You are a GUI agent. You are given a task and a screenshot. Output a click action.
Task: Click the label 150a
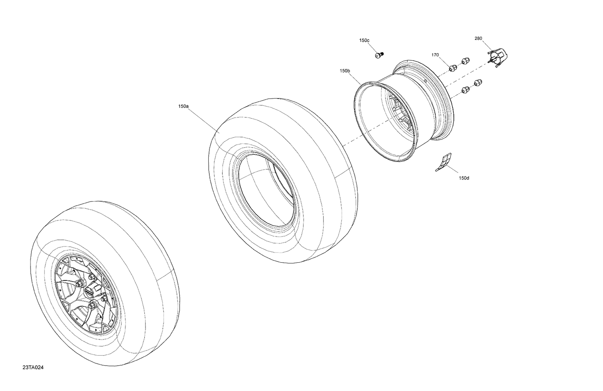tap(183, 107)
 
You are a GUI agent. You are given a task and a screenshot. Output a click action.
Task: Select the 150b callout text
tap(345, 71)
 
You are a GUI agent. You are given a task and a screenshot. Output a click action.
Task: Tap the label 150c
tap(364, 41)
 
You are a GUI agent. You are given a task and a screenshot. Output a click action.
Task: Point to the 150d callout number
tap(464, 178)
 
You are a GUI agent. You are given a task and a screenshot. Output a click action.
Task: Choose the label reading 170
tap(435, 55)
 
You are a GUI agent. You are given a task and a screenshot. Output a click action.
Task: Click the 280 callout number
tap(478, 39)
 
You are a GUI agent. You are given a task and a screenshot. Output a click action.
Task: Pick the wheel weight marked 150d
tap(443, 162)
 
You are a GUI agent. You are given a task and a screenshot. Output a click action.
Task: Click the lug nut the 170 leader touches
tap(452, 68)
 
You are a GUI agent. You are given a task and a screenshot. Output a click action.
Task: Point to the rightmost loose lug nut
tap(478, 82)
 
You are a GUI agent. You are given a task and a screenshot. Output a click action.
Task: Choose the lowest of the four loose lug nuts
tap(465, 90)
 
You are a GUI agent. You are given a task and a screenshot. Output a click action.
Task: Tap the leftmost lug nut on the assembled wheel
tap(79, 284)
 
